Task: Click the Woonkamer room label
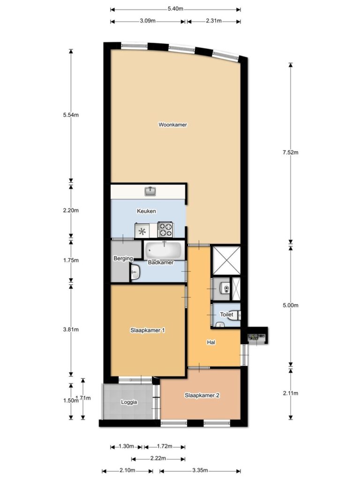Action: coord(172,125)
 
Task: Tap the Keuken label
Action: coord(146,211)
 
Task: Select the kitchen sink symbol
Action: coord(150,191)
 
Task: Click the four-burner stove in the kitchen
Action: coord(165,230)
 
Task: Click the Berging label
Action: coord(123,258)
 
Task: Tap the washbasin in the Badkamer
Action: coord(135,271)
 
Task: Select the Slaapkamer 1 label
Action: coord(148,330)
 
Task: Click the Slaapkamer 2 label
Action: coord(202,395)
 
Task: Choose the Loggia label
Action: coord(129,402)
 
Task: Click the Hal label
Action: coord(211,342)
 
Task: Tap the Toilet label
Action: coord(226,315)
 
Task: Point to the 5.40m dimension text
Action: coord(175,8)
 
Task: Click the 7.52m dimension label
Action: coord(291,152)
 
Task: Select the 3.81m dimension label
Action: coord(71,330)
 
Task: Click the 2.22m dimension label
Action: coord(158,458)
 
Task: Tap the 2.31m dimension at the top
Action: coord(214,21)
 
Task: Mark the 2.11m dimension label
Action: coord(291,393)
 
